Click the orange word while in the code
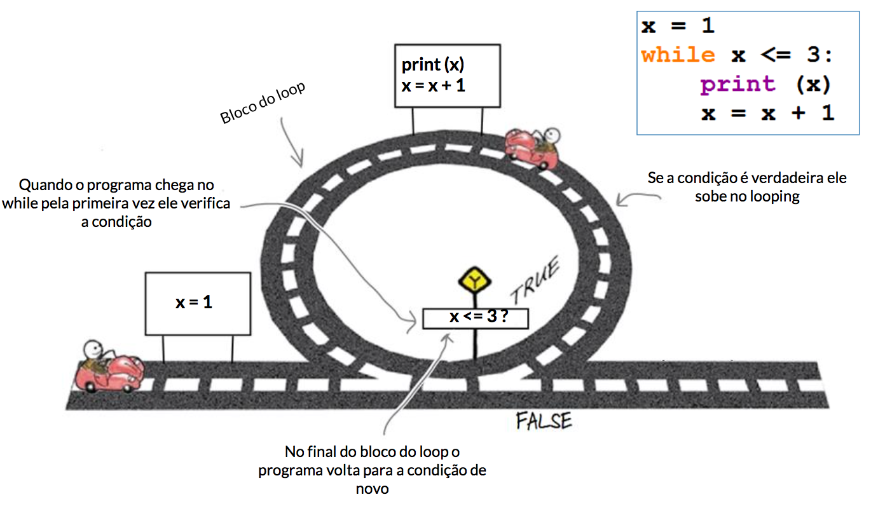coord(678,55)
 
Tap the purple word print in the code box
coord(738,84)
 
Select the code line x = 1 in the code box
coord(678,26)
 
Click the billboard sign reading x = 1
coord(198,303)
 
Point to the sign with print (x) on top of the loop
coord(447,75)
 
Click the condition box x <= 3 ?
coord(476,317)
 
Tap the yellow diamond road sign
coord(474,280)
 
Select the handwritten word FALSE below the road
coord(544,421)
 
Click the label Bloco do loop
coord(263,104)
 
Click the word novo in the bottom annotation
coord(372,489)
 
